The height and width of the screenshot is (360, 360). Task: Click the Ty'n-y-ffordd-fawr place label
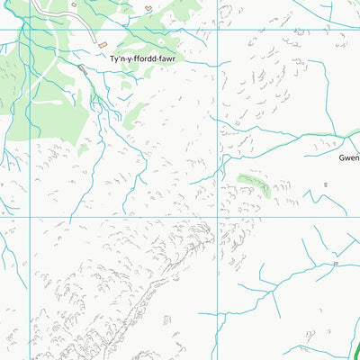pos(142,59)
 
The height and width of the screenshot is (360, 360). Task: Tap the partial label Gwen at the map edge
pos(348,157)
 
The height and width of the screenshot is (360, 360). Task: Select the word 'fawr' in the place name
pos(166,59)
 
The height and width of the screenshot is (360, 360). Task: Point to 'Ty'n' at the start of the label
pos(117,59)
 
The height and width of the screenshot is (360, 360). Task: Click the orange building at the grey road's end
pos(103,45)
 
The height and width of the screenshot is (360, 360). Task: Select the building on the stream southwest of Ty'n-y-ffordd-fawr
pos(84,67)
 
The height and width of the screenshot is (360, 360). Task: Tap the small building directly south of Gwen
pos(326,184)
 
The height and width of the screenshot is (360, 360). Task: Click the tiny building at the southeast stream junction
pos(335,264)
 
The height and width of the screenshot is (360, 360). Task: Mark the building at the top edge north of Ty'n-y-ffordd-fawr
pos(148,9)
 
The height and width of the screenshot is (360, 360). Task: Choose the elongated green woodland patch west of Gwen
pos(253,183)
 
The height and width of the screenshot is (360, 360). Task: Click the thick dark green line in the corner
pos(354,346)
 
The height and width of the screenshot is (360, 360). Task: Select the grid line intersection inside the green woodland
pos(31,30)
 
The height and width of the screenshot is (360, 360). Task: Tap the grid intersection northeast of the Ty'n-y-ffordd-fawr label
pos(217,30)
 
